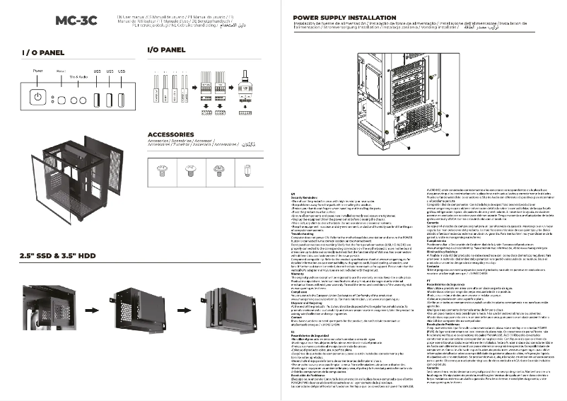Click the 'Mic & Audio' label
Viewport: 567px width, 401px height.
click(79, 75)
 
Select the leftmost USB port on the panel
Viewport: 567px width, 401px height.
click(97, 98)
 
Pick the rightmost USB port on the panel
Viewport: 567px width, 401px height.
click(122, 98)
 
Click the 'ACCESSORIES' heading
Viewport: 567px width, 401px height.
click(175, 134)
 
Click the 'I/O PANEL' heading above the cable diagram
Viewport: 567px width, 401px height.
click(166, 50)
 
